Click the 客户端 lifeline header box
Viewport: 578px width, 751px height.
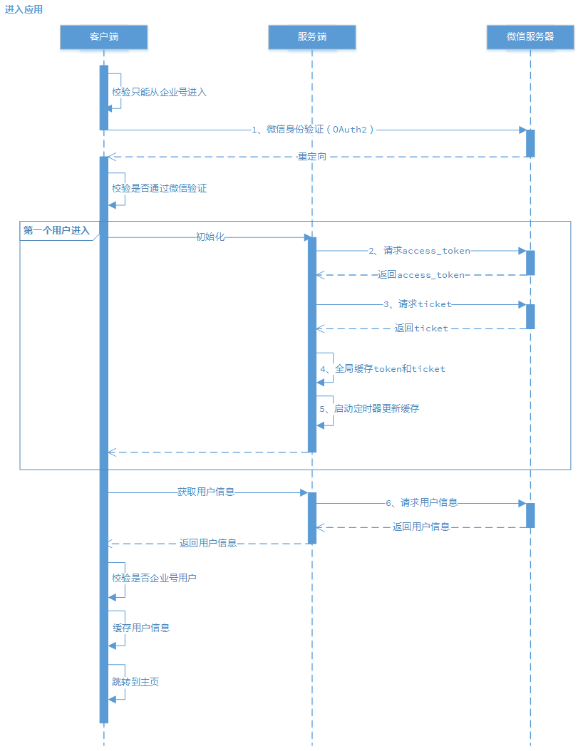click(x=103, y=37)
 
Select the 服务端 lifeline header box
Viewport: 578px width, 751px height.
click(x=311, y=37)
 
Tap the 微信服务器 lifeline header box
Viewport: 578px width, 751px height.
click(x=530, y=37)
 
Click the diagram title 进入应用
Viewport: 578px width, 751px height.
click(x=24, y=9)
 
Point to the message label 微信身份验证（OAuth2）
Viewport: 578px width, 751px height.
click(x=314, y=130)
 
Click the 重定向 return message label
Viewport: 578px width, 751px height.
click(x=311, y=156)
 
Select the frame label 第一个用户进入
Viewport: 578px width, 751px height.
click(x=56, y=230)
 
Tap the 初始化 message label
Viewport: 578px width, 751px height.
click(x=210, y=237)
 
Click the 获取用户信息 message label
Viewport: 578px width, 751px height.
click(x=206, y=492)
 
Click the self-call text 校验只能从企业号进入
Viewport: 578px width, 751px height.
click(x=159, y=93)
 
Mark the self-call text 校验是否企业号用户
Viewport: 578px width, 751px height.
click(x=154, y=579)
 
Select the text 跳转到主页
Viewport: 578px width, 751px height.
click(x=135, y=683)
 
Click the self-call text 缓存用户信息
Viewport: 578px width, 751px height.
click(x=141, y=628)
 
